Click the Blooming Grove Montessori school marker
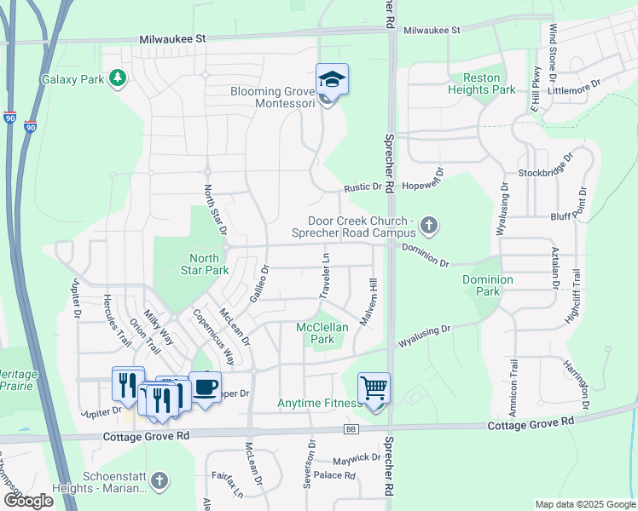pyautogui.click(x=332, y=81)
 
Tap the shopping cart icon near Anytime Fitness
pyautogui.click(x=374, y=389)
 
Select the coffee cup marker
pyautogui.click(x=205, y=388)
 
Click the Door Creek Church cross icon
pyautogui.click(x=429, y=226)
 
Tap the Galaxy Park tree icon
pyautogui.click(x=117, y=79)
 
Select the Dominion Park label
pyautogui.click(x=488, y=285)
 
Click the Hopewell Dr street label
pyautogui.click(x=424, y=185)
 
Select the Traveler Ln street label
pyautogui.click(x=325, y=275)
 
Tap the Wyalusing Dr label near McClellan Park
pyautogui.click(x=425, y=334)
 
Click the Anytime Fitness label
pyautogui.click(x=316, y=403)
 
